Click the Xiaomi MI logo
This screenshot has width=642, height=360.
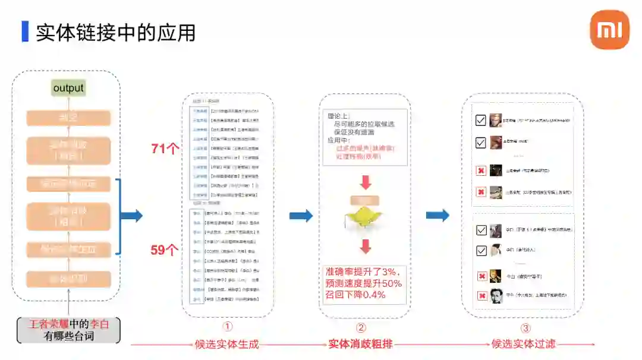point(609,30)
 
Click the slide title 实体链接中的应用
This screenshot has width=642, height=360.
point(115,32)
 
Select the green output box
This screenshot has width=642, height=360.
point(68,89)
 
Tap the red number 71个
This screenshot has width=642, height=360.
point(165,149)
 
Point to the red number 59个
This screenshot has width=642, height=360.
point(165,250)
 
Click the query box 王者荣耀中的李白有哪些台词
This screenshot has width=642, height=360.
point(68,330)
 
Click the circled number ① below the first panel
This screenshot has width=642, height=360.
point(227,327)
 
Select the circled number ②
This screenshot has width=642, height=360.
point(361,327)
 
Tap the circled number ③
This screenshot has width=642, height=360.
point(525,327)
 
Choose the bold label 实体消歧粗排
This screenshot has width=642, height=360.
point(361,343)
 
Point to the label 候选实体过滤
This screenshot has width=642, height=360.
point(523,343)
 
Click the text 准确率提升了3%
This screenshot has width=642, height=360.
point(363,272)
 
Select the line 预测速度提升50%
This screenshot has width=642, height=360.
point(363,283)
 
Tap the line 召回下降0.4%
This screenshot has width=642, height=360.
point(355,294)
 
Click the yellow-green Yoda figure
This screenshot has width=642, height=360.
point(364,217)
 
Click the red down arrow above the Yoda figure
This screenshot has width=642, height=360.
point(366,182)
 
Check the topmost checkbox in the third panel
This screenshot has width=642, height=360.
point(481,121)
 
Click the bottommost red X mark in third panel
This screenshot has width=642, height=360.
point(481,296)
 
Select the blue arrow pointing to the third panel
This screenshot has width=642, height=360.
point(438,216)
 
